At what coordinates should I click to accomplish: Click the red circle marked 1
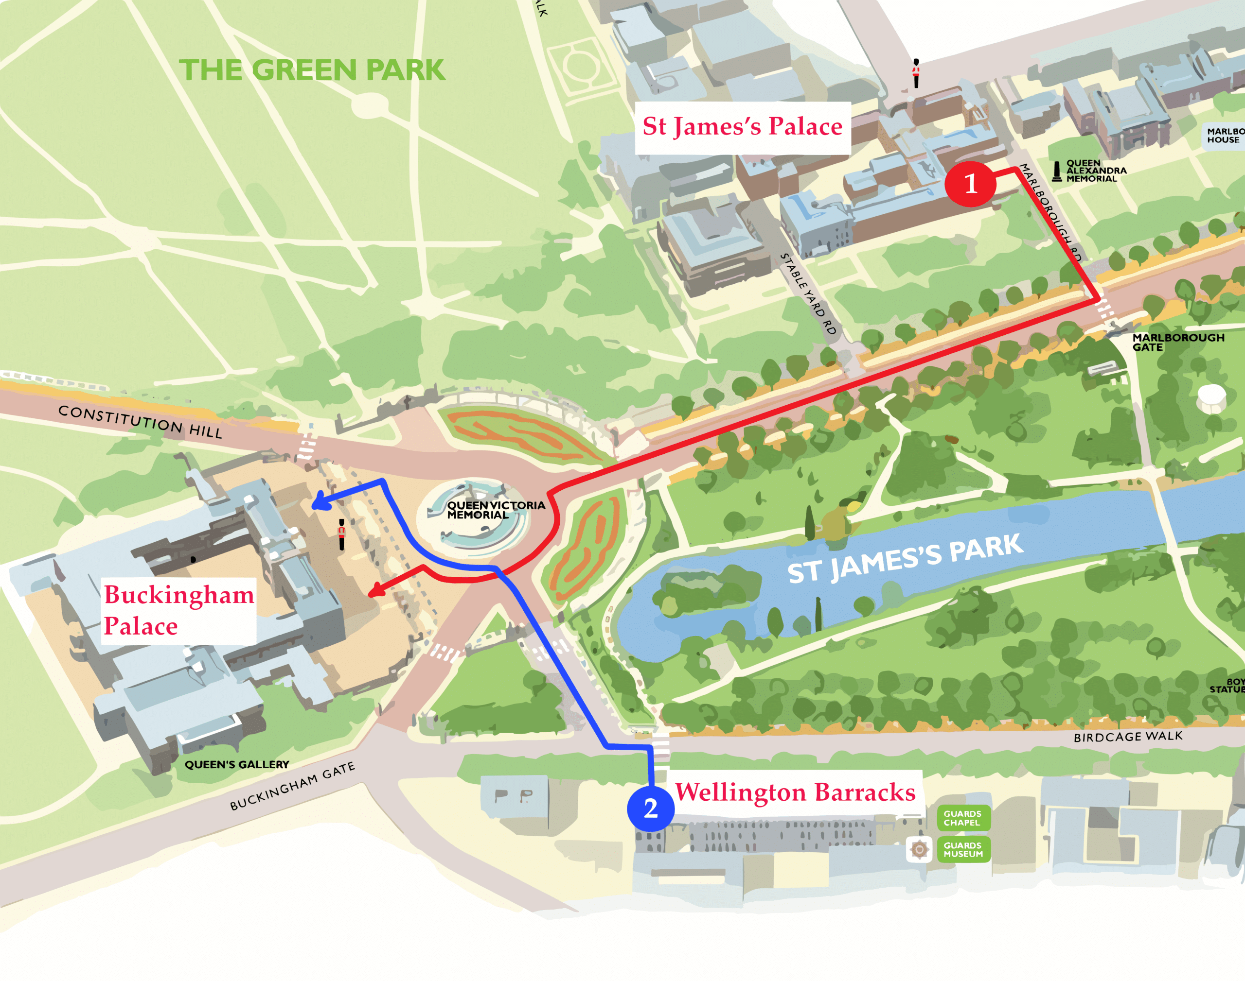coord(970,184)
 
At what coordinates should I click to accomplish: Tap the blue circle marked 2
coord(650,809)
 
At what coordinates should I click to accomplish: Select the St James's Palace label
coord(742,127)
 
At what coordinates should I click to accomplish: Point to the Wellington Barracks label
coord(795,792)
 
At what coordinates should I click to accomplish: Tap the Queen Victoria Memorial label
coord(496,510)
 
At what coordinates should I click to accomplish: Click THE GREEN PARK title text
coord(312,70)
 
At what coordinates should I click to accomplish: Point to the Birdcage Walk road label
coord(1128,737)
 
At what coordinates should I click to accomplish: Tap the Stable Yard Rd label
coord(808,294)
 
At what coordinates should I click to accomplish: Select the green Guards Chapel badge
coord(963,818)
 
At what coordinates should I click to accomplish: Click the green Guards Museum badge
coord(963,850)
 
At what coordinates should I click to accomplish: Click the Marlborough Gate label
coord(1177,343)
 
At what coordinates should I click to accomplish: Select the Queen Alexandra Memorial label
coord(1095,171)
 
